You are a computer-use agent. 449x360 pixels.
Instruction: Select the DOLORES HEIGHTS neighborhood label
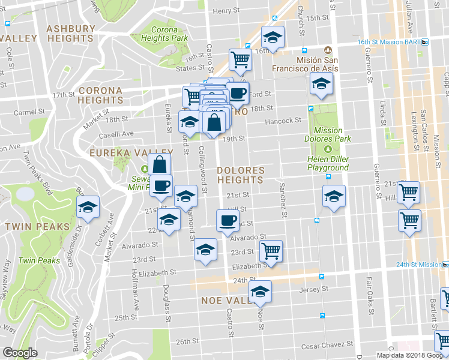click(x=240, y=175)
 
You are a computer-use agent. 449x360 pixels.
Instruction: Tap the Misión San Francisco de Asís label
click(x=318, y=64)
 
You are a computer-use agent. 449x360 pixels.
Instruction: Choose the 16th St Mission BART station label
click(x=391, y=42)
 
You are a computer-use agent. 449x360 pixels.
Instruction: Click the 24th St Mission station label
click(x=419, y=265)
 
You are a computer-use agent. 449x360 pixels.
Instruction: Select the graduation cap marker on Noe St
click(x=260, y=291)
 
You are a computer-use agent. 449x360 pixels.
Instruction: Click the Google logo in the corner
click(x=20, y=353)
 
